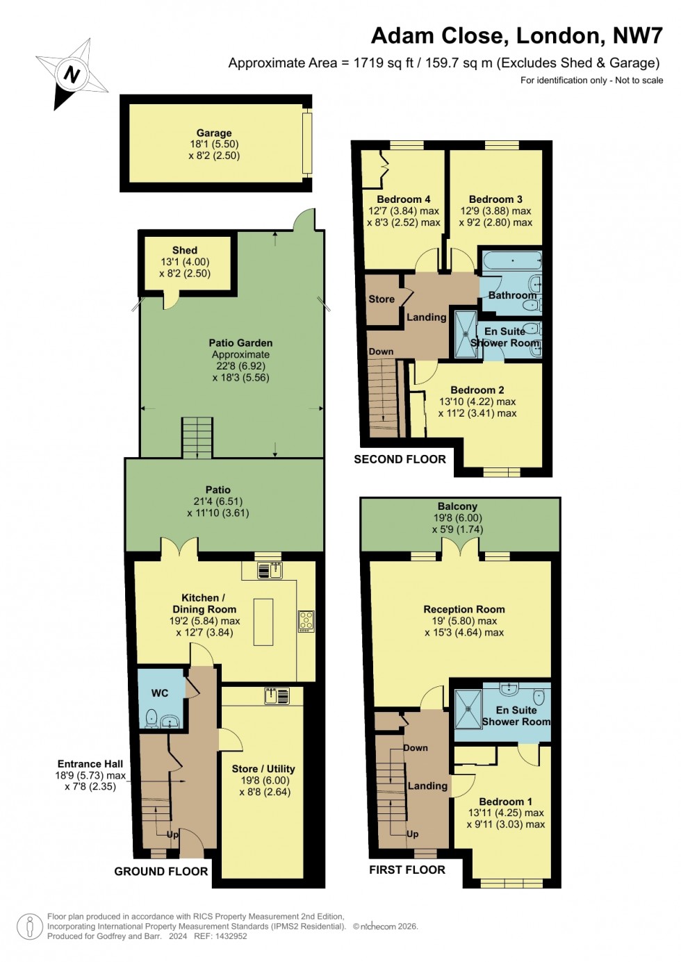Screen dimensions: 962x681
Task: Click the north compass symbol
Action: [71, 74]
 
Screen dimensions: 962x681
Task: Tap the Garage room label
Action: [214, 133]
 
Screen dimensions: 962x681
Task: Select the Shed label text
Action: [185, 250]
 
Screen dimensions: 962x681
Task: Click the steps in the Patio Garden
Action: [197, 437]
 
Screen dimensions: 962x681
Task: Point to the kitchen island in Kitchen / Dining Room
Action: [263, 622]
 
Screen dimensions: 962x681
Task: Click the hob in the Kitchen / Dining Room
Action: [306, 620]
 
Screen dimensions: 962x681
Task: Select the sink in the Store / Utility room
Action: [277, 695]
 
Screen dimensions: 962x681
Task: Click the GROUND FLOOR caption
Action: [161, 871]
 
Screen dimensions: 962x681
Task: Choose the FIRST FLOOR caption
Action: [407, 870]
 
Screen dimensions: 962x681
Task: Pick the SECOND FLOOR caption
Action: [400, 459]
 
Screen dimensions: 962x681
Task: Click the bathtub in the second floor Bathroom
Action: [512, 262]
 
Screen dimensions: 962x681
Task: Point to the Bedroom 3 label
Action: [495, 199]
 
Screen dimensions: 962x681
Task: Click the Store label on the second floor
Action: [381, 299]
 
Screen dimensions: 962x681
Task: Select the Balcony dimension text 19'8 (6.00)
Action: [458, 517]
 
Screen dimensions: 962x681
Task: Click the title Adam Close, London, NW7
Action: [517, 35]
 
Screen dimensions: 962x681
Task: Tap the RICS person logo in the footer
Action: [30, 926]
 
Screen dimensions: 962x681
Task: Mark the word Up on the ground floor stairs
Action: [172, 834]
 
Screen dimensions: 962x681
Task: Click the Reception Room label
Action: [464, 609]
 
